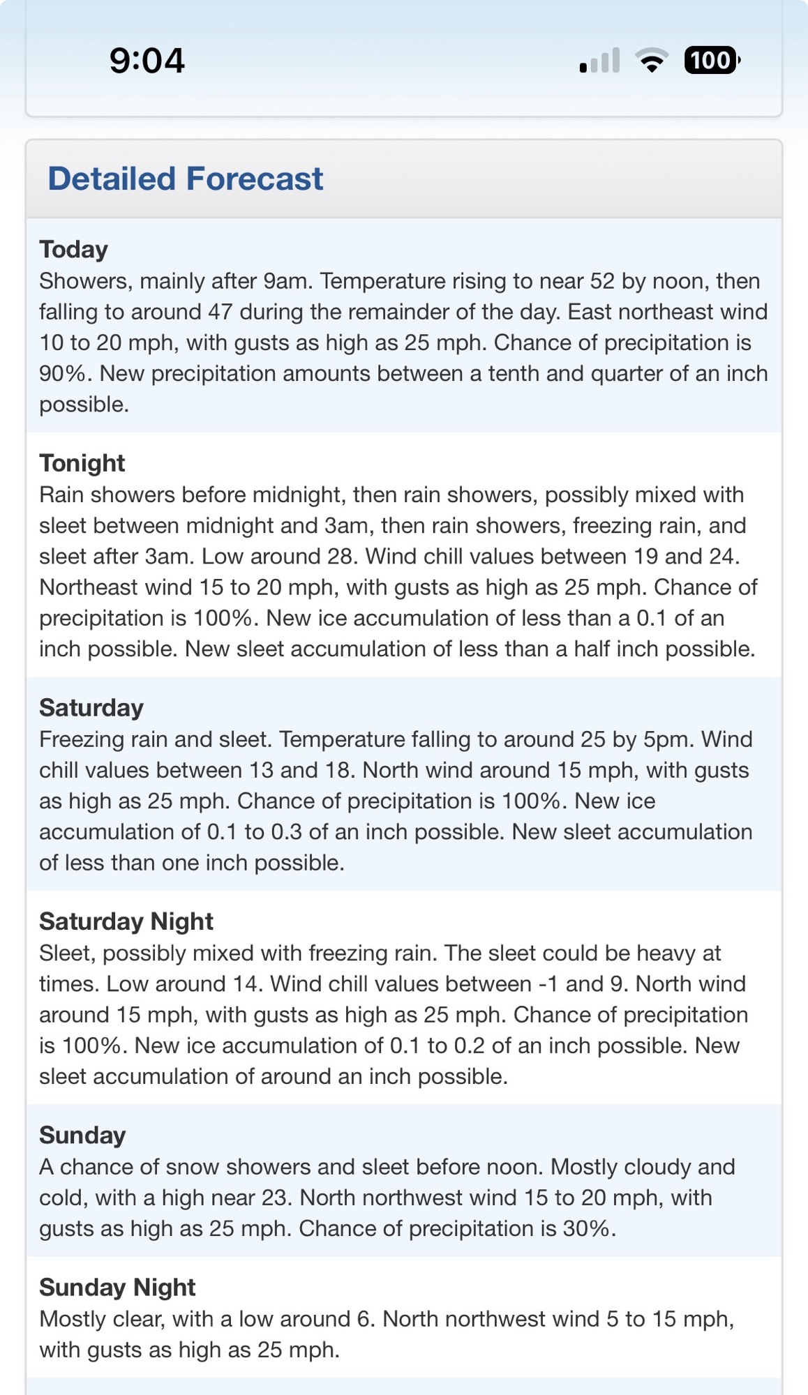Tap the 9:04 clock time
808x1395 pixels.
147,61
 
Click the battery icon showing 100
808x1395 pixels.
711,61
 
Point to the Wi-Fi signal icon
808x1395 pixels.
652,61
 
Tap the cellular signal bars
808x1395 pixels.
599,61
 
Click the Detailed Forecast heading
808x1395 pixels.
185,179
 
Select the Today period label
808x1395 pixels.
73,249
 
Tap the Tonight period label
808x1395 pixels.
82,463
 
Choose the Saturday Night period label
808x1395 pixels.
126,921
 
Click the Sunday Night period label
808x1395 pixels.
117,1288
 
